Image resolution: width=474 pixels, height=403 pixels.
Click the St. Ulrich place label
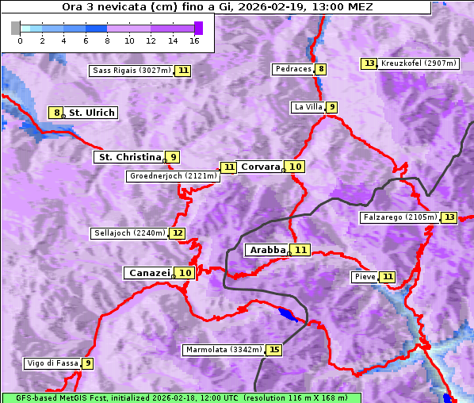(91, 113)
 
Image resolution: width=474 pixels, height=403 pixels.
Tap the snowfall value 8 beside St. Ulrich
(55, 113)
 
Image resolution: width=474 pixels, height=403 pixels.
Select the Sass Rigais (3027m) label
(132, 71)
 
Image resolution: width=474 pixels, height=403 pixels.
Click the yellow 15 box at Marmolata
(274, 349)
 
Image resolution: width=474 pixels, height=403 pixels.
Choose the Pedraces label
(292, 70)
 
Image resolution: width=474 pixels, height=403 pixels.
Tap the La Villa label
(308, 107)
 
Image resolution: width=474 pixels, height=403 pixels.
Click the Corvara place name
(260, 167)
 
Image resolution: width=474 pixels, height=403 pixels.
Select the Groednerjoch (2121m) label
(172, 176)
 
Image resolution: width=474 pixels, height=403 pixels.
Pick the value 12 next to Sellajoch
(178, 233)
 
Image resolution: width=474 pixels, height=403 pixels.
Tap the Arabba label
(267, 250)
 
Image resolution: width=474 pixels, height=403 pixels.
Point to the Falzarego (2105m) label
(399, 217)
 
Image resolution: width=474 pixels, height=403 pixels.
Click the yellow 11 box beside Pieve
(387, 277)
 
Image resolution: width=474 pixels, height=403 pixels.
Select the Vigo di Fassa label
(52, 363)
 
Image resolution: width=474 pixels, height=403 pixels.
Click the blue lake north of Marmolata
(289, 315)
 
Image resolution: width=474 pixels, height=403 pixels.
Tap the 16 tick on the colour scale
(194, 40)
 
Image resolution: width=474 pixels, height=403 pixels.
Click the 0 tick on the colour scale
(20, 40)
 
